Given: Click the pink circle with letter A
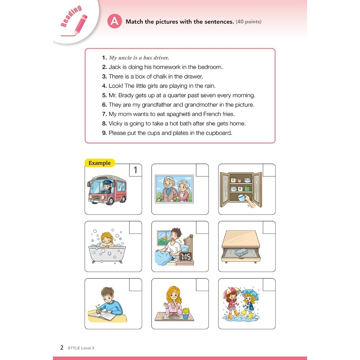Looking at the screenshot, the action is [114, 21].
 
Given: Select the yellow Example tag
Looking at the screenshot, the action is [100, 163].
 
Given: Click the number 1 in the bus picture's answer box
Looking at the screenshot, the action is [135, 170].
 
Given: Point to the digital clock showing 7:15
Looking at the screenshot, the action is [185, 256].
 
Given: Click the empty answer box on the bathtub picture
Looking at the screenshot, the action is [135, 227].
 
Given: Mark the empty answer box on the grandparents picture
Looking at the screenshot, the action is [202, 170].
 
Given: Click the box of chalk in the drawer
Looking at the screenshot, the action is [241, 252].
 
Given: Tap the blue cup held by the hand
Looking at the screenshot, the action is [241, 198].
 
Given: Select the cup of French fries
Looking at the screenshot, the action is [185, 313].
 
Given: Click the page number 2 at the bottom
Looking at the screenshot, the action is [62, 348].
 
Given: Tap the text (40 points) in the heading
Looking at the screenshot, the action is [248, 22].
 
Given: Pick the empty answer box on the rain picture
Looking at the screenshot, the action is [269, 285].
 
